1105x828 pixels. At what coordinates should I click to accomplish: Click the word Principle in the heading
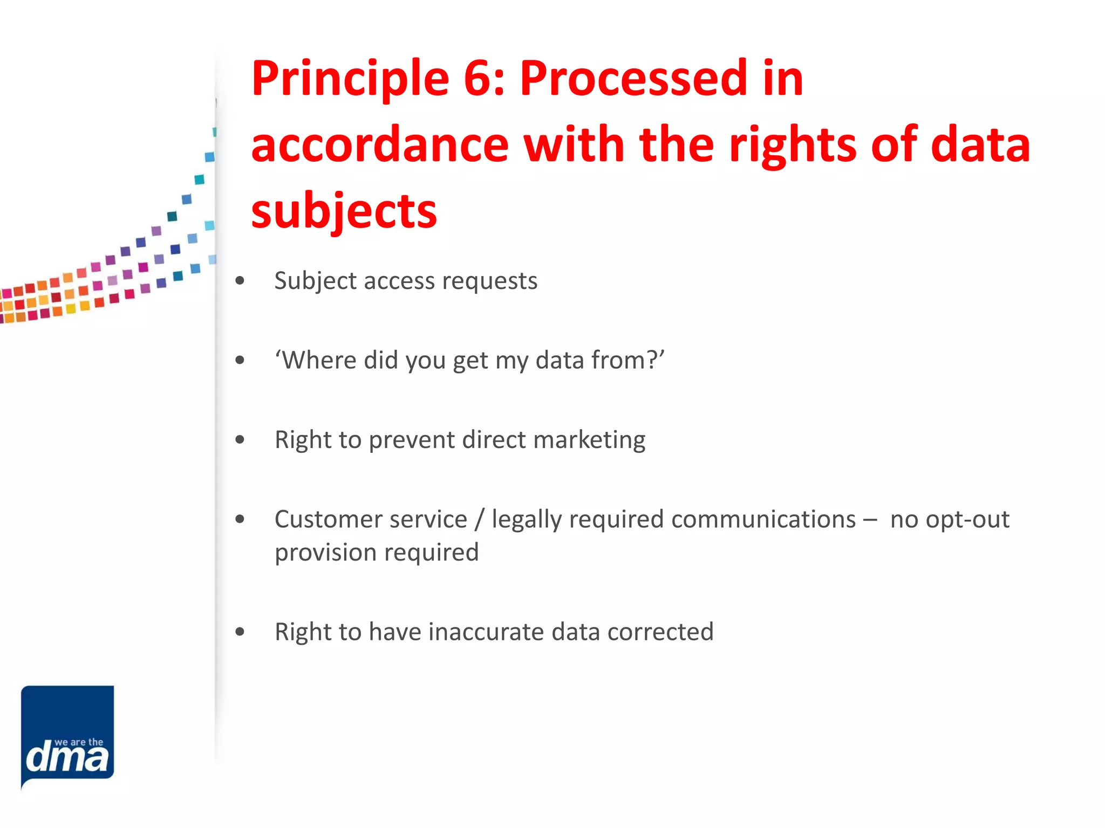tap(350, 79)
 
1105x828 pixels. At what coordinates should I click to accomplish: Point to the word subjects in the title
tap(344, 211)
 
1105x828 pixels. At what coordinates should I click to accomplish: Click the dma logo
tap(67, 735)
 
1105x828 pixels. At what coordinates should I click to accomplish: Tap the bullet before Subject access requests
tap(240, 281)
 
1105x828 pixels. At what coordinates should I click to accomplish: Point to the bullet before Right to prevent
tap(240, 440)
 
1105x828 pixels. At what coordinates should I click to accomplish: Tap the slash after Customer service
tap(479, 520)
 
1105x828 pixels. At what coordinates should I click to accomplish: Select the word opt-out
tap(950, 520)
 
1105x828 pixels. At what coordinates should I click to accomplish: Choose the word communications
tap(763, 520)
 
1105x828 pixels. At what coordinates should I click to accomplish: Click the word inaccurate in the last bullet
tap(486, 632)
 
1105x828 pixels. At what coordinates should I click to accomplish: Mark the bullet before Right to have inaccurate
tap(240, 632)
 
